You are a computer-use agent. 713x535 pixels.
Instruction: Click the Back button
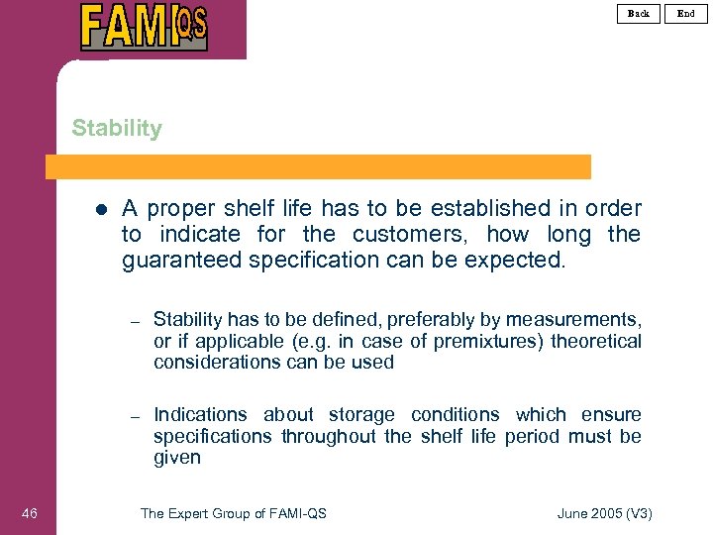tap(639, 13)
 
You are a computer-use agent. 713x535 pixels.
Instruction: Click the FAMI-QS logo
tap(145, 27)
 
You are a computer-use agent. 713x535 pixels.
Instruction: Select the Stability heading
tap(117, 128)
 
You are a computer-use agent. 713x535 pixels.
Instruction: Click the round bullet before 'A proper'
tap(100, 209)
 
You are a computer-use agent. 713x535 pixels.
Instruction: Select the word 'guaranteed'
tap(182, 260)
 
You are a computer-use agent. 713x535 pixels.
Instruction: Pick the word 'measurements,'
tap(573, 319)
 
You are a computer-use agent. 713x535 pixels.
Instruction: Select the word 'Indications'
tap(200, 414)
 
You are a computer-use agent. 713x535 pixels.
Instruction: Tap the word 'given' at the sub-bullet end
tap(177, 458)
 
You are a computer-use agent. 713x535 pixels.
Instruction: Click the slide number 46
tap(30, 512)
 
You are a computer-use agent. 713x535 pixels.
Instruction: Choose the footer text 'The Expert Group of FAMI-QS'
tap(234, 512)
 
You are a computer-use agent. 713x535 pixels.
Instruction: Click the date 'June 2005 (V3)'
tap(604, 512)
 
